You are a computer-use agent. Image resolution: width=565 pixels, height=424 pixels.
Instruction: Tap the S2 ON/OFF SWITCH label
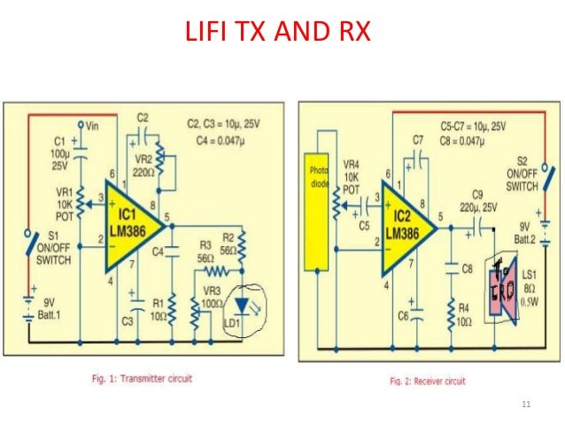tap(522, 175)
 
